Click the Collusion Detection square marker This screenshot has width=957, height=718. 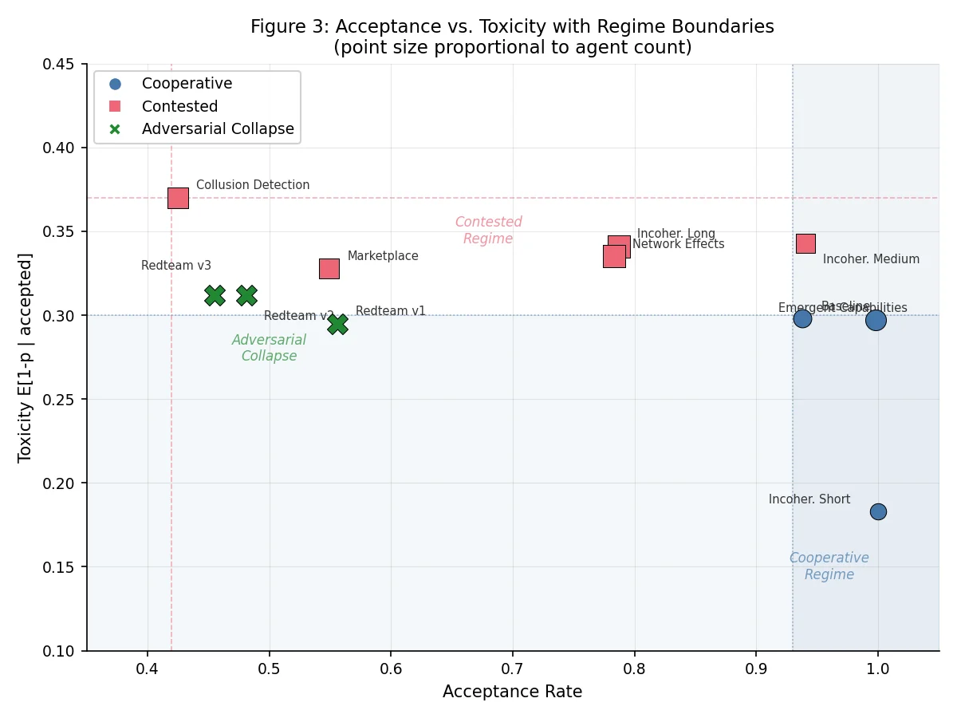178,198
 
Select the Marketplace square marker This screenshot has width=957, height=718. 329,269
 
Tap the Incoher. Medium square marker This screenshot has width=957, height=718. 805,243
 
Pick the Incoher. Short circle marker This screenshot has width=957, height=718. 878,511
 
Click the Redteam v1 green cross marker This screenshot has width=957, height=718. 337,324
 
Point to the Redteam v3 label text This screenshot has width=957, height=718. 176,266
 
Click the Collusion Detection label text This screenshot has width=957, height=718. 253,185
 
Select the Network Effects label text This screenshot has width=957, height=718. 679,244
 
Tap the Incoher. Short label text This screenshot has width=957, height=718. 809,499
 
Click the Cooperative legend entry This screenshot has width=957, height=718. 187,84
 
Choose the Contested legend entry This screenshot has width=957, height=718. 179,106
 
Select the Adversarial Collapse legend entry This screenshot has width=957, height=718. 218,128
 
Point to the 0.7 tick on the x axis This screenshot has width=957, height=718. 513,665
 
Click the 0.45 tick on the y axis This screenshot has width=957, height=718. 60,64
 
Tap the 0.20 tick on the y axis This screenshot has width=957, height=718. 60,483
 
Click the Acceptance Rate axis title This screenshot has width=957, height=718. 512,692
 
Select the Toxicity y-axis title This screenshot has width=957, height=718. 26,357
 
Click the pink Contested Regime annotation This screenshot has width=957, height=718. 488,231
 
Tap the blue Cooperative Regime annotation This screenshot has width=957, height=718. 829,566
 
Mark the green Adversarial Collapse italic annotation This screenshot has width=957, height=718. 269,348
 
